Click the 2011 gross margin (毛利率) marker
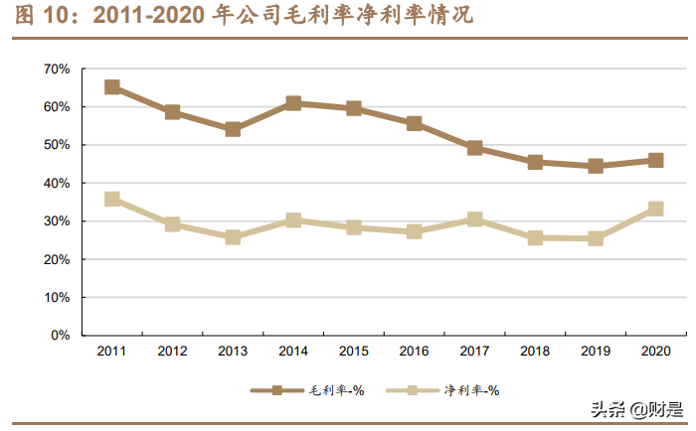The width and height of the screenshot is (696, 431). point(112,87)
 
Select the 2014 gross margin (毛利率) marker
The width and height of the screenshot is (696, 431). point(293,103)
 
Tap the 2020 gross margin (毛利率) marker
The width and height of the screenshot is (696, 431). point(656,160)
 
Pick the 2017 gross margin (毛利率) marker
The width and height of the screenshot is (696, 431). point(475,148)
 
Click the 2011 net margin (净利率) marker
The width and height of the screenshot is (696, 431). point(112,199)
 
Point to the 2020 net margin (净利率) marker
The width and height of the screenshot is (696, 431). point(656,209)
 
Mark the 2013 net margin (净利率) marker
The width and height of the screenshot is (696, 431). point(233,237)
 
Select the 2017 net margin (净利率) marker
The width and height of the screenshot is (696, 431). point(475,218)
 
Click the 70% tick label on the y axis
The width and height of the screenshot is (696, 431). point(57,69)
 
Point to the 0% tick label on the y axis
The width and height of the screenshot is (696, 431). point(60,336)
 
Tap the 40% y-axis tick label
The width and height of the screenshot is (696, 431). point(57,184)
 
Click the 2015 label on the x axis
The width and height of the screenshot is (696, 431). point(354,351)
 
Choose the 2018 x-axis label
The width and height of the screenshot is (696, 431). point(535,351)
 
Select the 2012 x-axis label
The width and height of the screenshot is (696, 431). point(172,351)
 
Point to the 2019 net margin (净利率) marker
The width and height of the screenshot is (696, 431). point(596,238)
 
